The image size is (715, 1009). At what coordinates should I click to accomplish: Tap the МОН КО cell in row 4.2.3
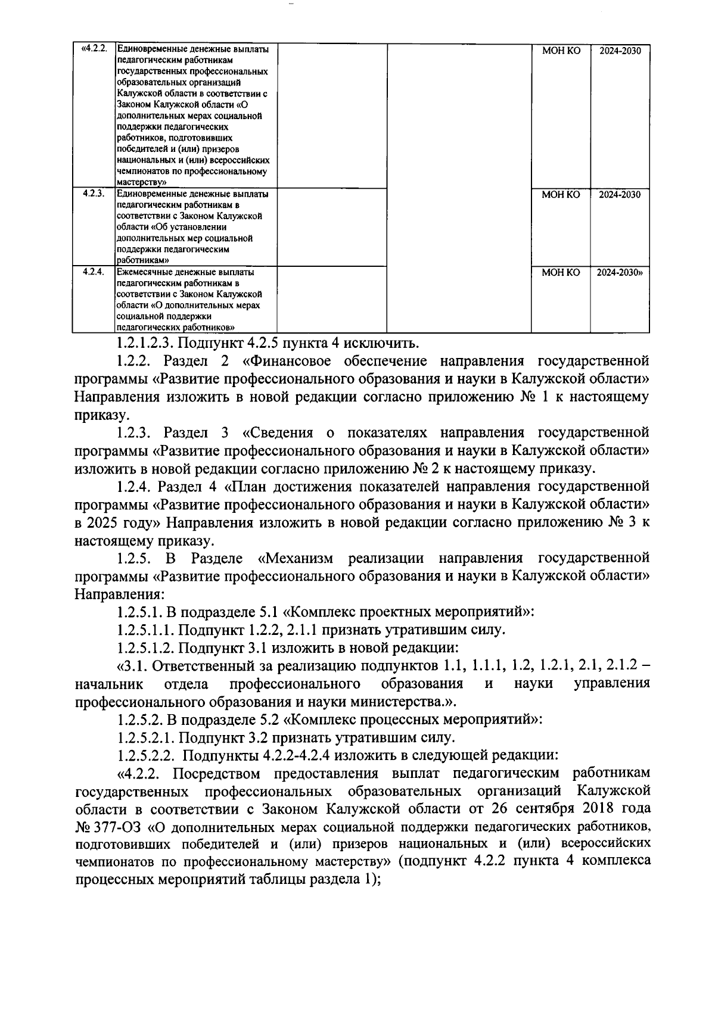[x=560, y=194]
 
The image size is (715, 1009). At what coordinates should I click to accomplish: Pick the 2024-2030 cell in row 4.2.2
[x=620, y=51]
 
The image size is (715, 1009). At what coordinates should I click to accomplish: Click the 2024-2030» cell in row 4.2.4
[x=620, y=272]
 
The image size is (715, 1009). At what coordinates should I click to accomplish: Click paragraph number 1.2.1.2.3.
[x=145, y=343]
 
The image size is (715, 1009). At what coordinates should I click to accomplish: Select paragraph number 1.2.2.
[x=136, y=361]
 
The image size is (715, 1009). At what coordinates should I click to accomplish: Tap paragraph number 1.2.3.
[x=136, y=432]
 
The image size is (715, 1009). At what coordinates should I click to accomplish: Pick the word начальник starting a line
[x=108, y=683]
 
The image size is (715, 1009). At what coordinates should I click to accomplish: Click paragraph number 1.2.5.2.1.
[x=146, y=737]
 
